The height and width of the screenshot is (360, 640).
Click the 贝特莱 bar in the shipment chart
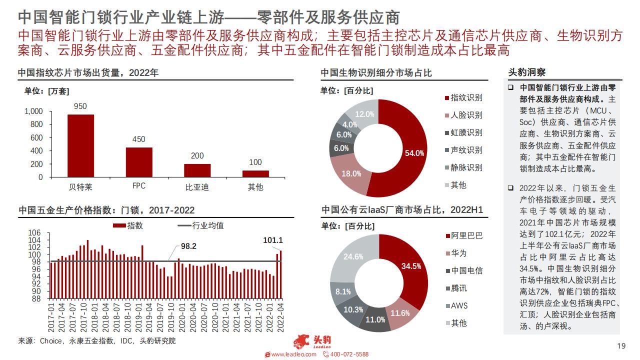(x=80, y=145)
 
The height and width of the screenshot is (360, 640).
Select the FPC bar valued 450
(x=139, y=162)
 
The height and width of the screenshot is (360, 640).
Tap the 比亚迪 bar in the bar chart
(x=197, y=170)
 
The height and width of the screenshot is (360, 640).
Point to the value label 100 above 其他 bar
(x=255, y=162)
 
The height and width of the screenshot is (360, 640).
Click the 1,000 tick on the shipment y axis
(x=33, y=111)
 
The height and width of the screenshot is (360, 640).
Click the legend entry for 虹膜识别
(x=463, y=133)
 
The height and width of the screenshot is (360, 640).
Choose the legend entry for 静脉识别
(x=463, y=167)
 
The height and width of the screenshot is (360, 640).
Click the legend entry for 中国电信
(x=464, y=271)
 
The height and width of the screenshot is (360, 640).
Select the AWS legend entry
(x=457, y=306)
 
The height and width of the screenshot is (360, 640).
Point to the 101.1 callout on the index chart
(x=273, y=240)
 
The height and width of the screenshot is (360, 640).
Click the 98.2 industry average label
(x=188, y=246)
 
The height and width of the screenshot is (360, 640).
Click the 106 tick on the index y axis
(x=34, y=233)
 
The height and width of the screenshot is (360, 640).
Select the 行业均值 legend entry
(x=200, y=225)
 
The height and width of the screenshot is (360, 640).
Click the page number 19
(x=621, y=346)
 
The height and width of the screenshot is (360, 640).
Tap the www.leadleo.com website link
(x=290, y=354)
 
